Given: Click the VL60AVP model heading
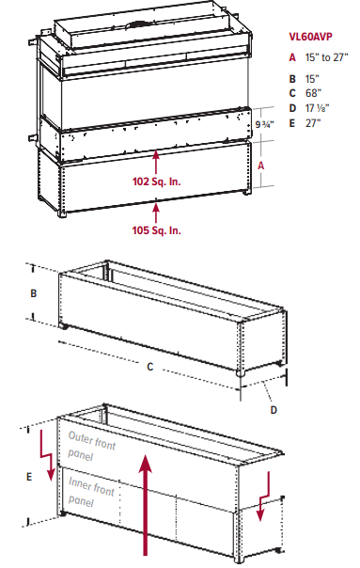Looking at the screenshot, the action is pyautogui.click(x=310, y=37).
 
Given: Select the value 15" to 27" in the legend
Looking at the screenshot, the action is pyautogui.click(x=327, y=57).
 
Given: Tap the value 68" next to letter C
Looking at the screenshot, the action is pyautogui.click(x=313, y=93).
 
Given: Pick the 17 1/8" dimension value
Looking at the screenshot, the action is pyautogui.click(x=318, y=108).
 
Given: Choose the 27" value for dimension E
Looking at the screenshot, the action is pyautogui.click(x=313, y=123).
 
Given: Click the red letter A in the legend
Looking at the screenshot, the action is pyautogui.click(x=292, y=57).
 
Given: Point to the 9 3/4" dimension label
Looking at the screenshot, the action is pyautogui.click(x=264, y=124).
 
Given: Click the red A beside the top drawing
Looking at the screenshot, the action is pyautogui.click(x=260, y=166).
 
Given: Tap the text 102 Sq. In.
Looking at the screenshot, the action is pyautogui.click(x=156, y=181).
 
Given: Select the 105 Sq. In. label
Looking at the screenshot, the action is pyautogui.click(x=156, y=230).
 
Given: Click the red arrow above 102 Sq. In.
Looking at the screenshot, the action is pyautogui.click(x=156, y=162).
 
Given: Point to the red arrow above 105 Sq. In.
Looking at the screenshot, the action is pyautogui.click(x=156, y=213).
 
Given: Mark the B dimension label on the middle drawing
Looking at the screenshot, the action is pyautogui.click(x=34, y=293).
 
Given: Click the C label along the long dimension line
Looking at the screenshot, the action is pyautogui.click(x=150, y=367).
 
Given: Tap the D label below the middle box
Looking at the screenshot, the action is pyautogui.click(x=274, y=410).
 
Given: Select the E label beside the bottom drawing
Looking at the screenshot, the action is pyautogui.click(x=29, y=477).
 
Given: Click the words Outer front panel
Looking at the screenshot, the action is pyautogui.click(x=91, y=446).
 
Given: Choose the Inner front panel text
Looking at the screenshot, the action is pyautogui.click(x=91, y=492).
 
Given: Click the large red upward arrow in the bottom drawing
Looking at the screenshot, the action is pyautogui.click(x=146, y=505).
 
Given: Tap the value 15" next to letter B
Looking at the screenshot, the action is pyautogui.click(x=312, y=79).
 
